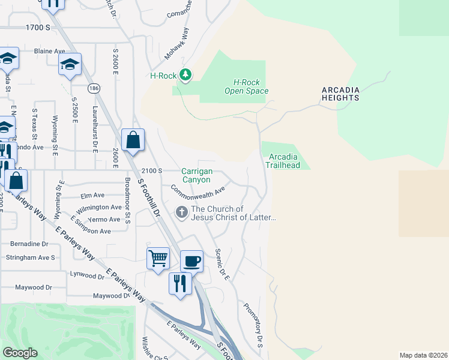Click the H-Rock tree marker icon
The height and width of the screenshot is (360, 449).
tap(185, 75)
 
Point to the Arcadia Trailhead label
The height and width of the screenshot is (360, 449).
tap(284, 161)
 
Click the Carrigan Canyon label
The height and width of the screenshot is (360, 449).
tap(196, 175)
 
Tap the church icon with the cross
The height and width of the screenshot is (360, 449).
tap(181, 212)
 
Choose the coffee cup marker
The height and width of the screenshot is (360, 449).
tap(191, 261)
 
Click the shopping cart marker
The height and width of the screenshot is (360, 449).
tap(158, 259)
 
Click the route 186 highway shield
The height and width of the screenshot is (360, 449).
tap(94, 88)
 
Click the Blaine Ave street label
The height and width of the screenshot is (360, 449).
tap(49, 52)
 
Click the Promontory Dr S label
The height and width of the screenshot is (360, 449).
tap(253, 325)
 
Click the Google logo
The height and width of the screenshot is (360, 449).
tap(20, 353)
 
